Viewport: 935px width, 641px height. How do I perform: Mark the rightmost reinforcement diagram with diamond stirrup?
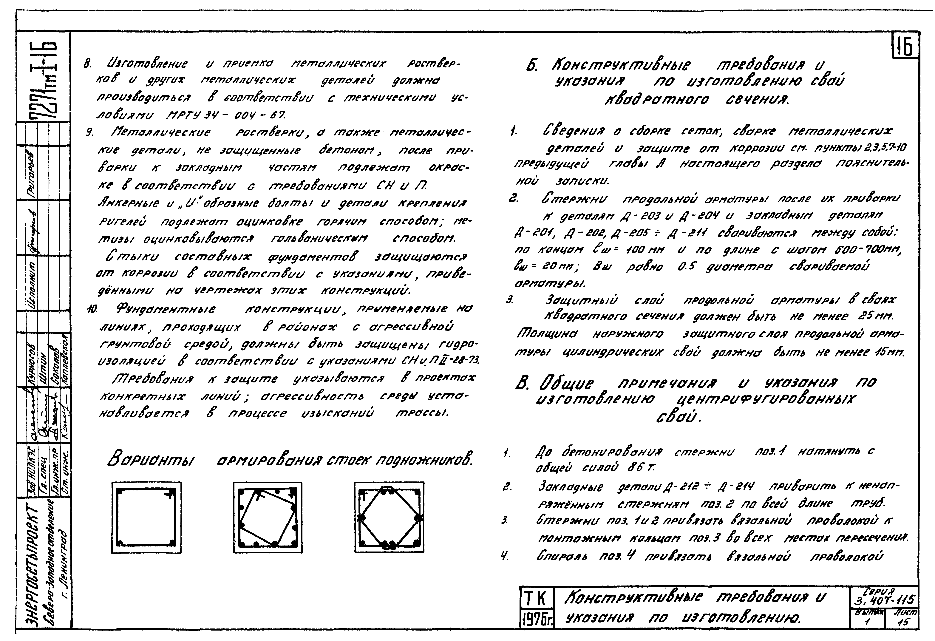pos(389,517)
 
